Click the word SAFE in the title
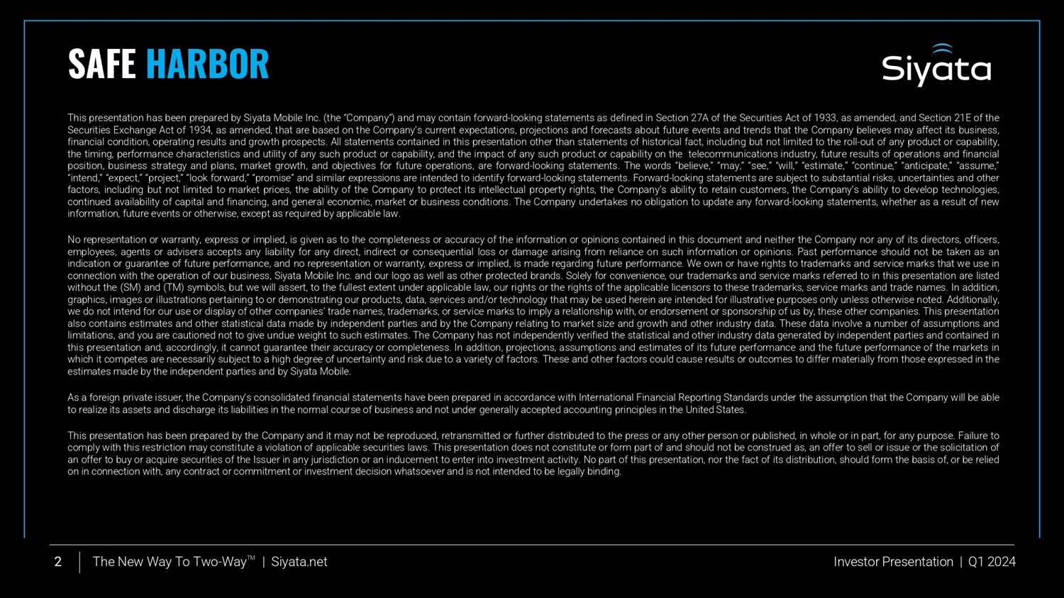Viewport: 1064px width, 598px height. pos(101,64)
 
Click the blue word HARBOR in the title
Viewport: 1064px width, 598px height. pos(207,64)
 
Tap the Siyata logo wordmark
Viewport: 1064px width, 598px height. pos(936,70)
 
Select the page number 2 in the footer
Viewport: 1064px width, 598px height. pos(58,562)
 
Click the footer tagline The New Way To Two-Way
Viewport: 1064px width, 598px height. pos(170,562)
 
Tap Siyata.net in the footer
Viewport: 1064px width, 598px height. pos(299,562)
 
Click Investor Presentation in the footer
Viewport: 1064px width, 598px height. pos(893,562)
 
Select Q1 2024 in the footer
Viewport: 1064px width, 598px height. pos(992,562)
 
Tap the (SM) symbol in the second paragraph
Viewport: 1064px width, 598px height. pos(130,288)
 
